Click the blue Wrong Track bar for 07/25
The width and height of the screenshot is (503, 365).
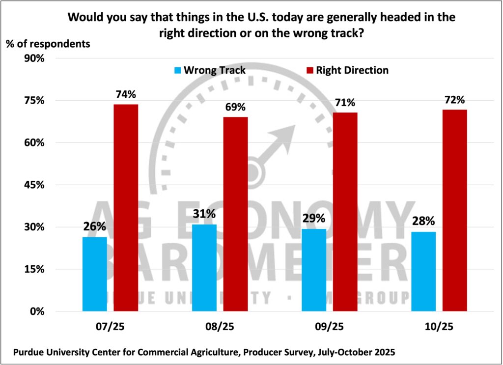[94, 274]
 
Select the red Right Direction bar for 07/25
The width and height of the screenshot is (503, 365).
[126, 207]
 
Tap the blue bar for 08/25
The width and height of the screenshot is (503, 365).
[204, 268]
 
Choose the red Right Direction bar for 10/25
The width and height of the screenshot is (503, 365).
[454, 210]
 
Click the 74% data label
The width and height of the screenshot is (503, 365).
[126, 95]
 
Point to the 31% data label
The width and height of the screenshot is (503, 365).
[204, 214]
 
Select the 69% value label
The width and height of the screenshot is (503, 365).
[235, 107]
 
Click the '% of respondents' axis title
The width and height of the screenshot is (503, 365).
[48, 43]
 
